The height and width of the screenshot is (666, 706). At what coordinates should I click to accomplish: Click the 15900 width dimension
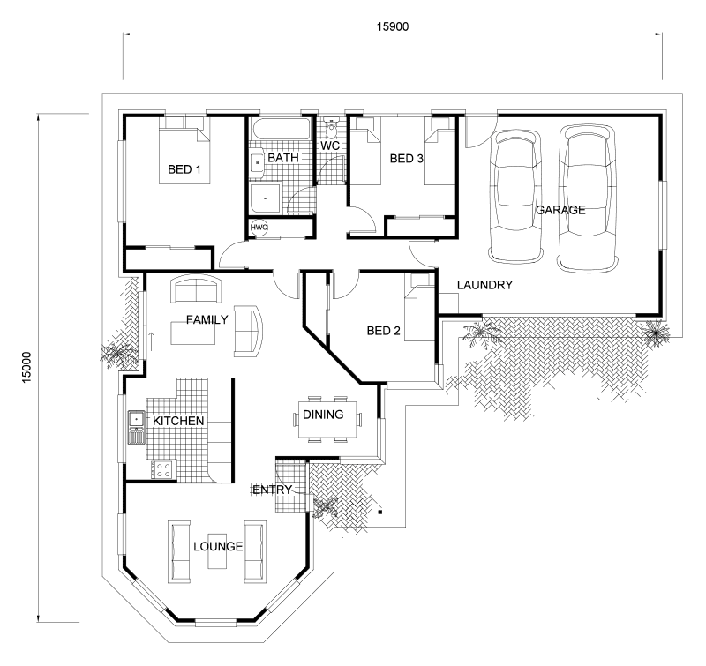[393, 26]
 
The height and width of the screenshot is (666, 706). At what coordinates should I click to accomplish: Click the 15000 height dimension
[27, 367]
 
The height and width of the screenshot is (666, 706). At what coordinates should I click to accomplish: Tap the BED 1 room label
[184, 169]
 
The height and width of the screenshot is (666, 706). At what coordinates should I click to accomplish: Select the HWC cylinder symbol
[259, 228]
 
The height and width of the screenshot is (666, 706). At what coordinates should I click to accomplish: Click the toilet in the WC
[332, 129]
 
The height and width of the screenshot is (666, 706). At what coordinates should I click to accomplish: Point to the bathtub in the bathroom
[282, 129]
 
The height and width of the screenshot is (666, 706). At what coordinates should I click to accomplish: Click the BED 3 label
[407, 159]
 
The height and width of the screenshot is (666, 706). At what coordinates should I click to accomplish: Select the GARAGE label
[560, 210]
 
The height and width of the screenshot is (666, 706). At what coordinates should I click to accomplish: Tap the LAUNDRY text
[484, 285]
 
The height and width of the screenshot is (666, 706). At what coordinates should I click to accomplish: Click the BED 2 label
[384, 331]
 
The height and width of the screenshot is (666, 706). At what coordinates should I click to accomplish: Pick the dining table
[327, 419]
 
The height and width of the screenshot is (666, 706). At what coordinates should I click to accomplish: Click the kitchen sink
[136, 420]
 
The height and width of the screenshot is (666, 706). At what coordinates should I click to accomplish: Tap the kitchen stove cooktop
[161, 470]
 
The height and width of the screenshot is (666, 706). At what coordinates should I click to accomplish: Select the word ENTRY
[273, 490]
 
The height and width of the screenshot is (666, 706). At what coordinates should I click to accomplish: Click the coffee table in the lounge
[218, 552]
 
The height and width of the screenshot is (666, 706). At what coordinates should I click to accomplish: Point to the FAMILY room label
[207, 320]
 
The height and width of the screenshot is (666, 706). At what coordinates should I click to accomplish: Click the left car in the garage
[516, 197]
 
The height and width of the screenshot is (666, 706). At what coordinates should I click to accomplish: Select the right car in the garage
[587, 198]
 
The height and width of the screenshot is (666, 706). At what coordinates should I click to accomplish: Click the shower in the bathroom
[266, 198]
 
